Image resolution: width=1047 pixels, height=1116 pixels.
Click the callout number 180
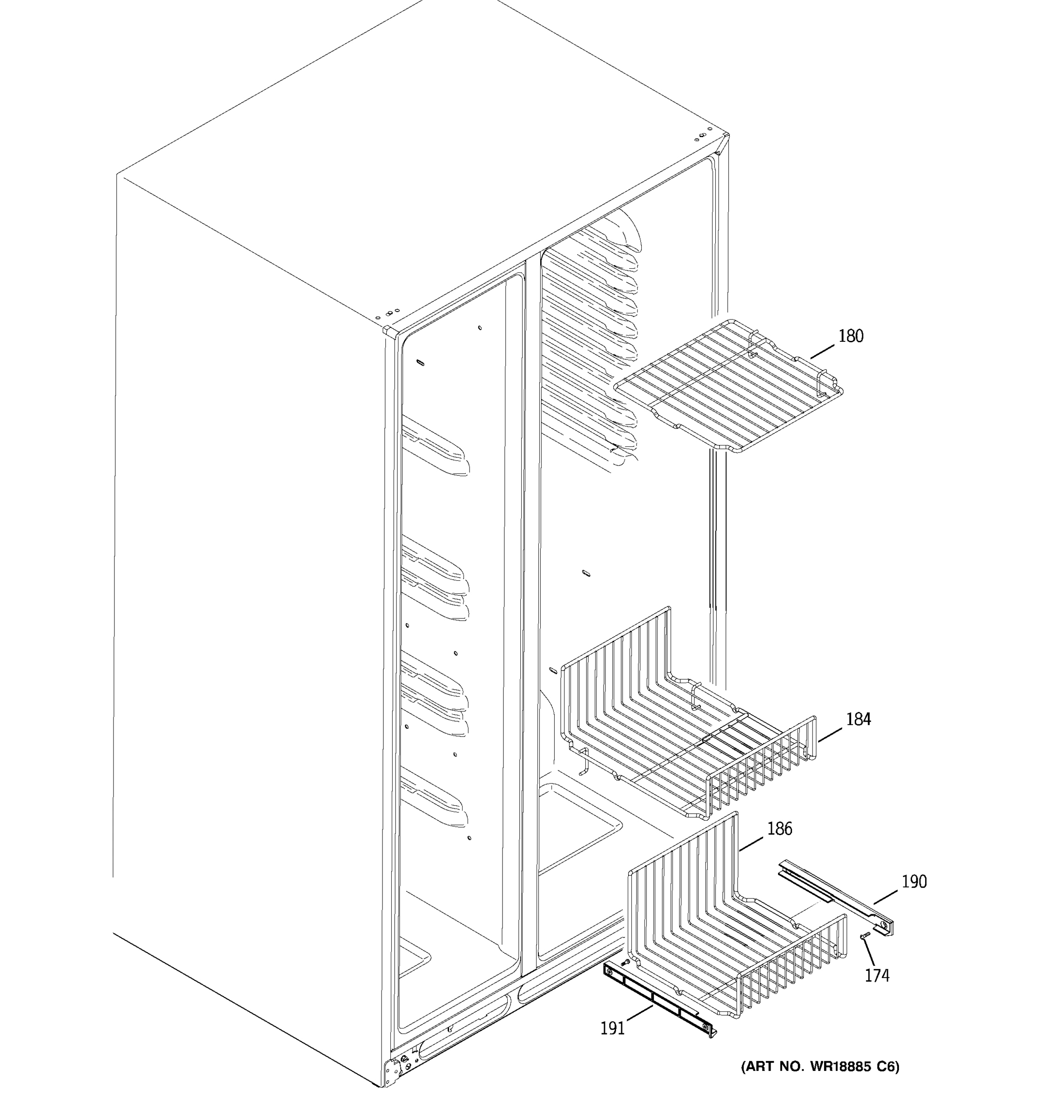[851, 336]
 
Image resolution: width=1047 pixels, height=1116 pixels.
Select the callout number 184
[858, 719]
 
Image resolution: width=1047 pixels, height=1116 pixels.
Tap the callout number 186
[779, 829]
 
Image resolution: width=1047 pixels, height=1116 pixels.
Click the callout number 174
[877, 976]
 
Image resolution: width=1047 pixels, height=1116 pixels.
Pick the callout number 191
[612, 1029]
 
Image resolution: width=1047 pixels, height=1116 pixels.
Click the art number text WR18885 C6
[820, 1067]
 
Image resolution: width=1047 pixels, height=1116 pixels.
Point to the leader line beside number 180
[822, 352]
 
